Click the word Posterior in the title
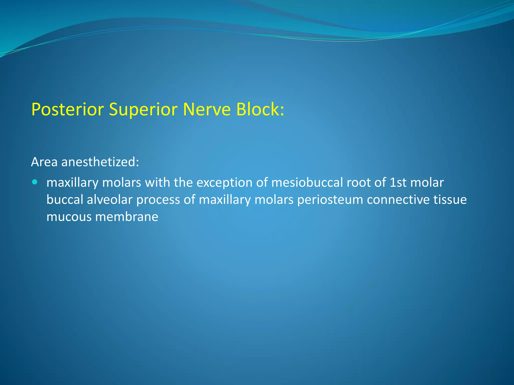(68, 110)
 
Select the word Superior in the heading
(143, 110)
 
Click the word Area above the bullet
(44, 162)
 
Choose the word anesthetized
(100, 162)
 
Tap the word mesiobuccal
(307, 182)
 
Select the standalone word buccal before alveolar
(65, 200)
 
